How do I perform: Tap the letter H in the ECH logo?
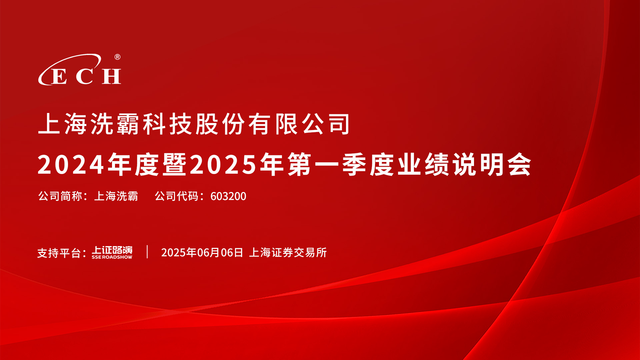111,76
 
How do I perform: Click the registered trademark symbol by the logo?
117,57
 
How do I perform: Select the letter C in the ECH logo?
85,76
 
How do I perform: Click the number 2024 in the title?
71,165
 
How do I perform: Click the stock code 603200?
228,196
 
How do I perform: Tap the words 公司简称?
60,196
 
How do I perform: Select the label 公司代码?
177,196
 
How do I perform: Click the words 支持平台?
59,253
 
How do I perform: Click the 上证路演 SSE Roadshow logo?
112,252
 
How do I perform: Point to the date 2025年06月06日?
202,252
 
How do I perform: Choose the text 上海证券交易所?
288,252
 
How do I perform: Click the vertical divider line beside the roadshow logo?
147,252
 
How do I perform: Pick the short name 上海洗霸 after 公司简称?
116,196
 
